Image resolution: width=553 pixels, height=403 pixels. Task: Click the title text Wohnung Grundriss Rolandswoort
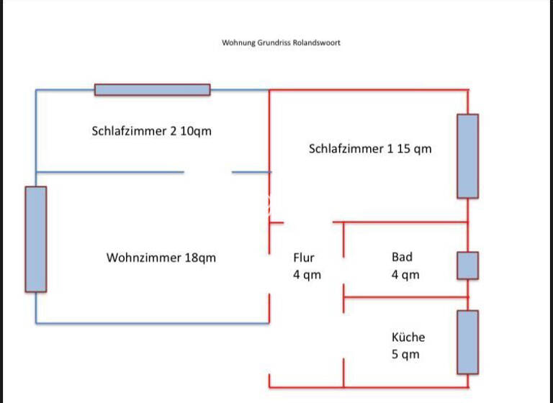pos(281,42)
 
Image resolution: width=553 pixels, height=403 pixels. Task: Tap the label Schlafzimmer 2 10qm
pos(152,131)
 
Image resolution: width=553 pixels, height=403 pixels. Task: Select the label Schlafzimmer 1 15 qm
pos(370,149)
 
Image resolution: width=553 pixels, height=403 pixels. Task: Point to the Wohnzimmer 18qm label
pos(161,258)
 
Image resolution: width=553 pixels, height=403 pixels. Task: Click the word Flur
pos(304,257)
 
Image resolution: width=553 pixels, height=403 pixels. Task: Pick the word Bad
pos(402,257)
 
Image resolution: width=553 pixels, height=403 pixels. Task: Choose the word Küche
pos(408,337)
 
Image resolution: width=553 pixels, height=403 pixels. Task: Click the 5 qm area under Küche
pos(405,354)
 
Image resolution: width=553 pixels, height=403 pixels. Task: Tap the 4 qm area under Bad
pos(405,275)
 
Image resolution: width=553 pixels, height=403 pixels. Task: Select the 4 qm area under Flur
pos(307,275)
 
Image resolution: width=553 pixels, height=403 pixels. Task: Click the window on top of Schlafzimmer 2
pos(152,90)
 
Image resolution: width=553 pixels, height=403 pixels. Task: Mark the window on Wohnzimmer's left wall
pos(36,239)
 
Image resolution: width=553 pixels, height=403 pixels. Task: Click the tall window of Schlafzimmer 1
pos(467,156)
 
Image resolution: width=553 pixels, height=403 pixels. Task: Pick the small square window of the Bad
pos(467,266)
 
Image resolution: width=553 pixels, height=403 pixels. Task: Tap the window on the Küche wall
pos(467,342)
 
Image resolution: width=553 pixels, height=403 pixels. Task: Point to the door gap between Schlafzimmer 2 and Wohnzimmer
pos(208,172)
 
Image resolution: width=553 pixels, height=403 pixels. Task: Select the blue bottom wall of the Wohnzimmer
pos(152,323)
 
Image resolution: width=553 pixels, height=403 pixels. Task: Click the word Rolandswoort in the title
pos(316,42)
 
